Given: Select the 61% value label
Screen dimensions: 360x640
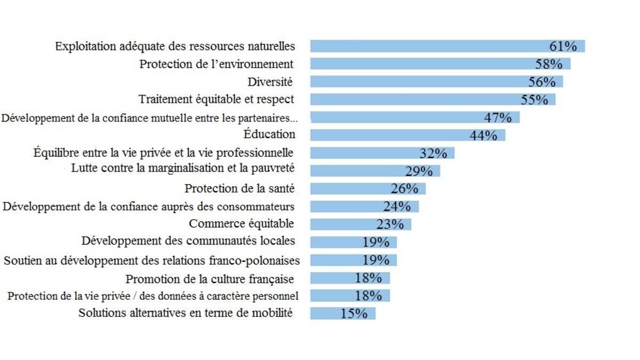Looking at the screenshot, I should click(x=563, y=46).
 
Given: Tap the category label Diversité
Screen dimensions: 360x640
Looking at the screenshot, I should click(x=270, y=82).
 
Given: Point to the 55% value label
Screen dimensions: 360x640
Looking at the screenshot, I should click(x=534, y=100).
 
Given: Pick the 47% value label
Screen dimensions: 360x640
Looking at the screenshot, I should click(x=497, y=117).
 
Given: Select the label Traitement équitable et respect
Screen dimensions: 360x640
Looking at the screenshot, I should click(x=216, y=99).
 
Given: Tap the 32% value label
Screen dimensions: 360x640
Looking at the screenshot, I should click(x=433, y=154).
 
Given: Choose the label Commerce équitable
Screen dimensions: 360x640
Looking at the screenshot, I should click(x=241, y=223).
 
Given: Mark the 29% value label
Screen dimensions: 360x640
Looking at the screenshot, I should click(x=418, y=171).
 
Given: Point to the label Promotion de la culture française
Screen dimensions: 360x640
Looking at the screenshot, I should click(x=210, y=279).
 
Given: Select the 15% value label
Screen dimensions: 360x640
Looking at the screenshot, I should click(x=354, y=314).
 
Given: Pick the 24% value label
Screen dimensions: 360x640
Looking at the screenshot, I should click(x=396, y=206).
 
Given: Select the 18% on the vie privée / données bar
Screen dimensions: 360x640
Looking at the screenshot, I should click(x=368, y=296).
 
